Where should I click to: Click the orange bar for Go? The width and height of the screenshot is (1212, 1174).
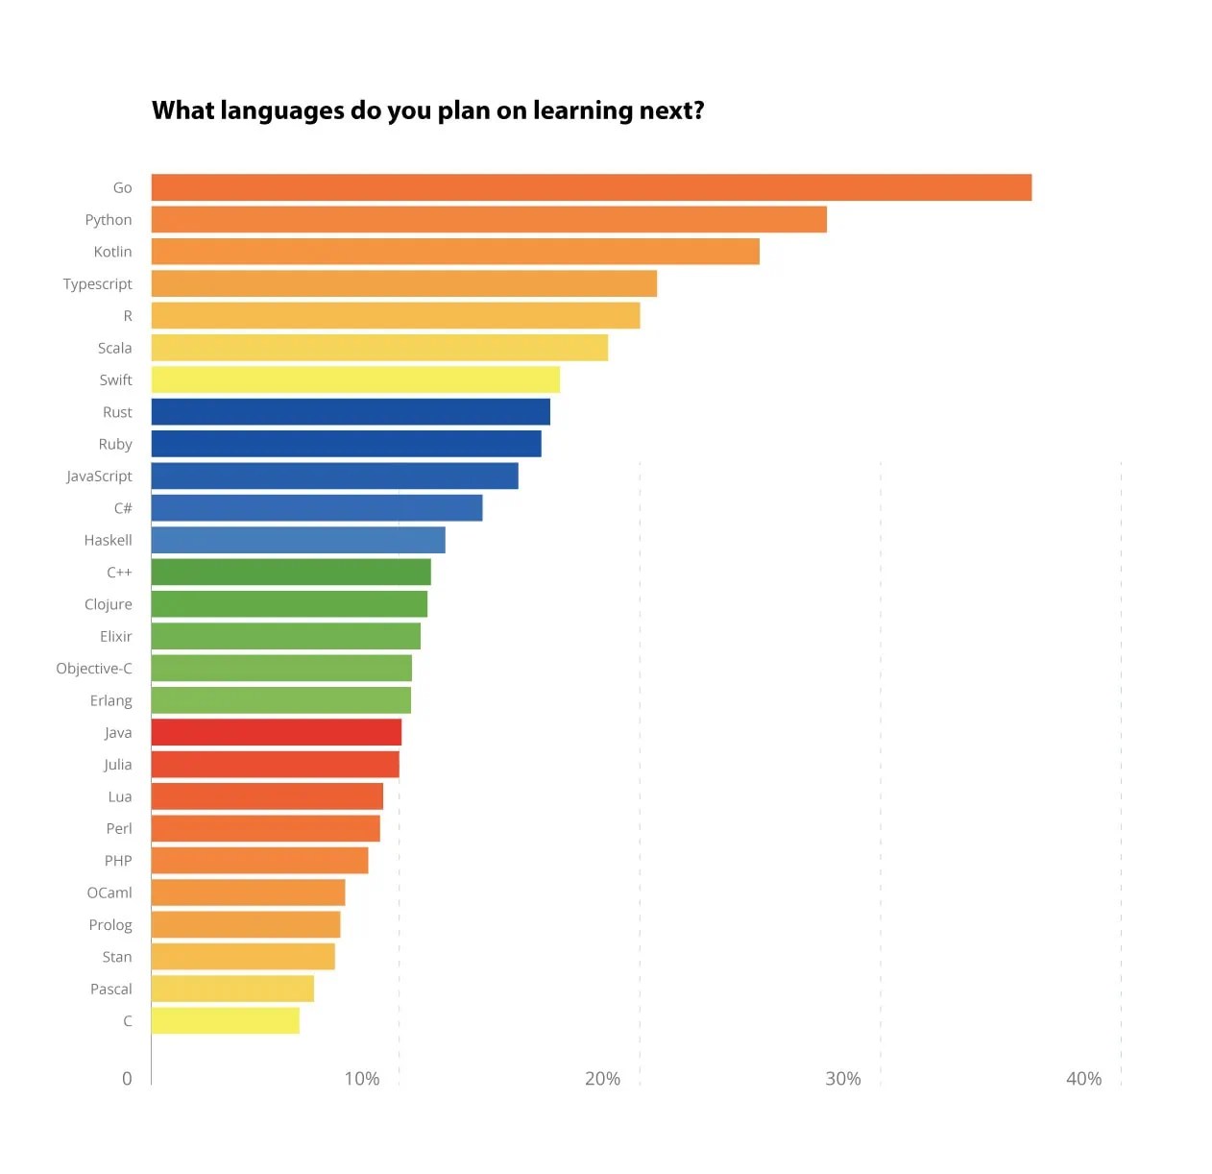click(x=591, y=187)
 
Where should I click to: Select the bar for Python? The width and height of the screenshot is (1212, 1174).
click(x=489, y=219)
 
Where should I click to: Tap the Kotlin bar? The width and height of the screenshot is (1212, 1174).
click(x=455, y=252)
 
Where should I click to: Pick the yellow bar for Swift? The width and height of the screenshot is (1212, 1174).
click(x=355, y=379)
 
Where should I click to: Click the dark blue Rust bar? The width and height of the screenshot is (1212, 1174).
click(x=351, y=412)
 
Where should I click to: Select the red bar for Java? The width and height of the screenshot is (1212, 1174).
click(x=277, y=732)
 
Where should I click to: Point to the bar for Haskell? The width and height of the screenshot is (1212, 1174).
click(x=298, y=540)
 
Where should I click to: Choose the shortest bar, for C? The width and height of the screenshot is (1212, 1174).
click(x=226, y=1020)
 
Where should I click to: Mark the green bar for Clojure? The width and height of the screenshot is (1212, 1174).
click(x=289, y=604)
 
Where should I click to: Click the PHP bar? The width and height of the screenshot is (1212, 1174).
click(x=259, y=861)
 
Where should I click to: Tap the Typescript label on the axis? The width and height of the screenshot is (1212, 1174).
click(x=97, y=284)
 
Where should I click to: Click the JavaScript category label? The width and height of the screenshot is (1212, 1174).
click(x=99, y=477)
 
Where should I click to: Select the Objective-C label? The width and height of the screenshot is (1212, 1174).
click(x=94, y=669)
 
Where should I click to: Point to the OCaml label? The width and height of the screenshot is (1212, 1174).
click(x=109, y=893)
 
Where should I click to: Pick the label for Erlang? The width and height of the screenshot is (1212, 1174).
click(x=110, y=700)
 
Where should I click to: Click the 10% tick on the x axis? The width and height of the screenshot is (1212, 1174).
click(x=362, y=1079)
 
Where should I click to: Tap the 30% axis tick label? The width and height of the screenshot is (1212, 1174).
click(x=843, y=1079)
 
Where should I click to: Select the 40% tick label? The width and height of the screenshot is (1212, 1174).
click(x=1083, y=1079)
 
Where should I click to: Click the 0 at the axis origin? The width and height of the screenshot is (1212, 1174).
click(x=127, y=1079)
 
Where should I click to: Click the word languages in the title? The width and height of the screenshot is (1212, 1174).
click(x=281, y=111)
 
